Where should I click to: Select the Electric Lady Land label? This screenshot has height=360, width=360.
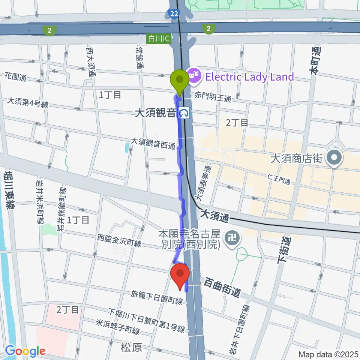coord(249,77)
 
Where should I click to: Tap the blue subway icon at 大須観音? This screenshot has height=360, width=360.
coord(184,112)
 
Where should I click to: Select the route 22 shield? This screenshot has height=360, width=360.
coord(173,14)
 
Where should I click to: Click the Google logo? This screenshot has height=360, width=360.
coord(25,351)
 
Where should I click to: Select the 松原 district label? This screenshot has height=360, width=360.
coord(132,348)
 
